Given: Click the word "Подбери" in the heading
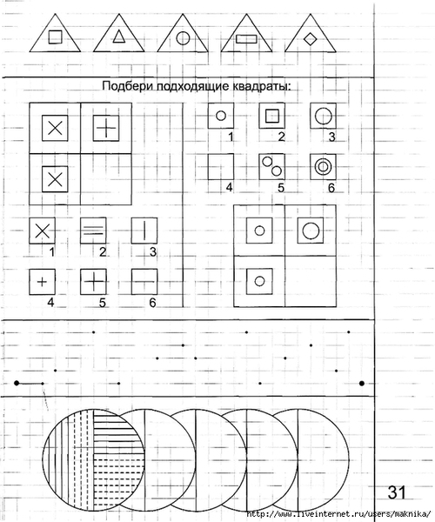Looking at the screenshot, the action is pyautogui.click(x=128, y=86).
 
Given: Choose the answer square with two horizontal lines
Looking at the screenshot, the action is pyautogui.click(x=93, y=231).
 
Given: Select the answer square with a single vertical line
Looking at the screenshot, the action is pyautogui.click(x=144, y=231).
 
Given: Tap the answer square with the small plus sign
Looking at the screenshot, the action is pyautogui.click(x=43, y=282).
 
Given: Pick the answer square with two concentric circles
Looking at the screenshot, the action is pyautogui.click(x=323, y=167).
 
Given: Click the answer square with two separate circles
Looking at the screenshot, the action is pyautogui.click(x=272, y=167).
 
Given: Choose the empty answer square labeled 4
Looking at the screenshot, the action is pyautogui.click(x=221, y=167).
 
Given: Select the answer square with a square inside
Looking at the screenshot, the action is pyautogui.click(x=272, y=116).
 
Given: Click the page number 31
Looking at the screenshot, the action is pyautogui.click(x=397, y=492).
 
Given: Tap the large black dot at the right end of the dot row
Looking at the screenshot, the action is pyautogui.click(x=362, y=384).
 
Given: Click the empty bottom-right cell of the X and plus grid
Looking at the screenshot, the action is pyautogui.click(x=106, y=179).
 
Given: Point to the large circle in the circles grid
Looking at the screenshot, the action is pyautogui.click(x=311, y=231).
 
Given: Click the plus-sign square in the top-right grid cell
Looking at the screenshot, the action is pyautogui.click(x=106, y=128).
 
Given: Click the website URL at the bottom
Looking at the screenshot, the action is pyautogui.click(x=338, y=513).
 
